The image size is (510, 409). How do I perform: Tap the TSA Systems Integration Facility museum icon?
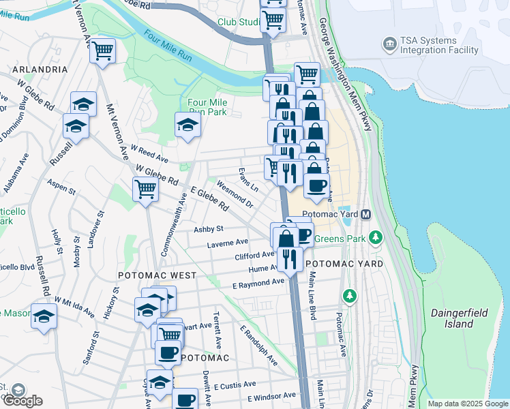[390, 45]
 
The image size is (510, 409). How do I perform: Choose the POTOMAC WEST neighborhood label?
[157, 275]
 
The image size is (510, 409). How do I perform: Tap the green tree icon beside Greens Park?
[374, 237]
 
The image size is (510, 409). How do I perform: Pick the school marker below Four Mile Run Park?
[187, 124]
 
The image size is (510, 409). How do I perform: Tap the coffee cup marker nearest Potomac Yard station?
[316, 185]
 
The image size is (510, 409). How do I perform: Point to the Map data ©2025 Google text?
[468, 404]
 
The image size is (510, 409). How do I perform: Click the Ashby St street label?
[209, 230]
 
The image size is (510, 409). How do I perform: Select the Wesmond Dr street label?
[234, 194]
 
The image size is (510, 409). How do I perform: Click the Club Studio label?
[238, 22]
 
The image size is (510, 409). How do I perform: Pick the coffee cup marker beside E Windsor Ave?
[185, 399]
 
